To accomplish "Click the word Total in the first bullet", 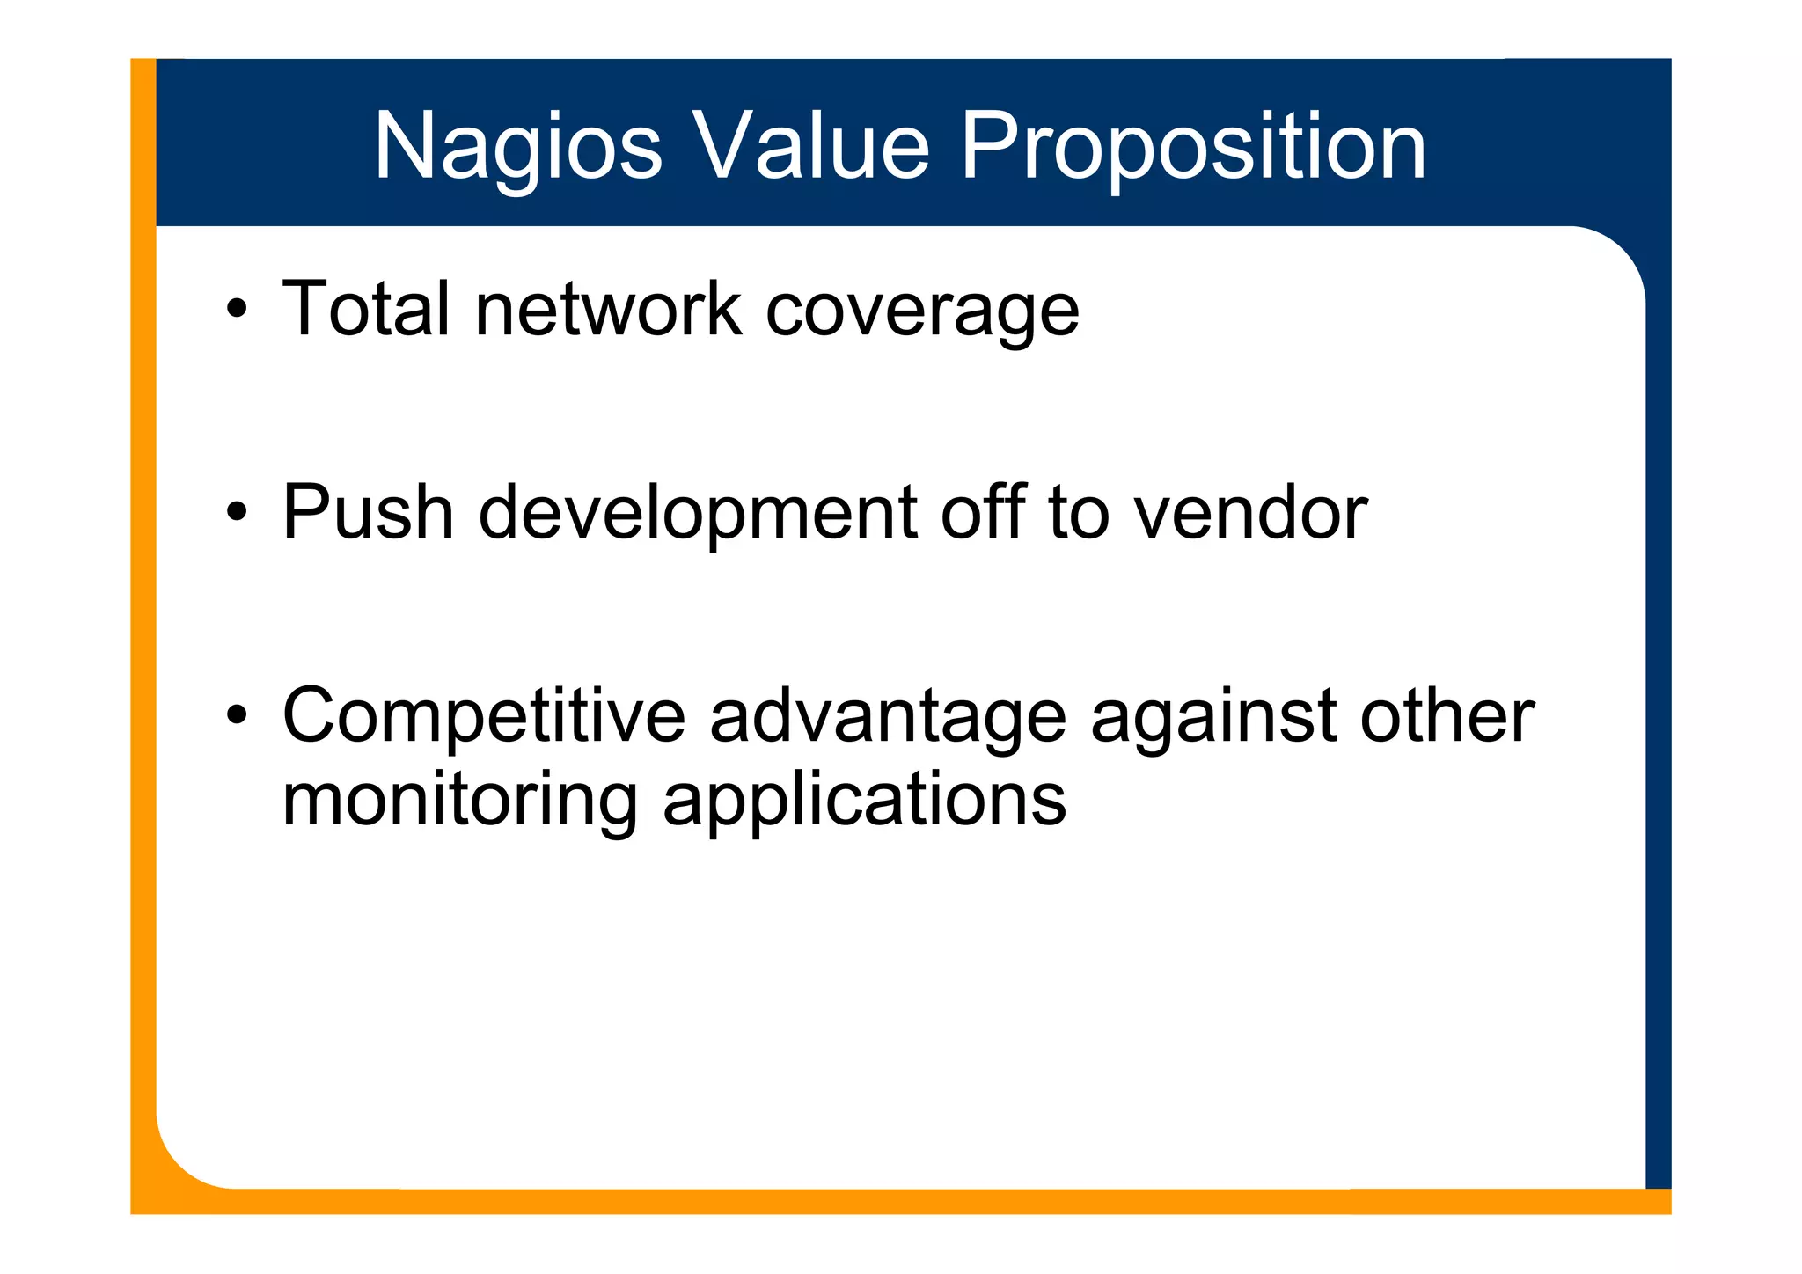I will pyautogui.click(x=366, y=309).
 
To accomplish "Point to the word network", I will pyautogui.click(x=608, y=309).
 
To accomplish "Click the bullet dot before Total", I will pyautogui.click(x=236, y=310).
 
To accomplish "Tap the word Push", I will pyautogui.click(x=368, y=512).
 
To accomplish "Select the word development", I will pyautogui.click(x=698, y=514).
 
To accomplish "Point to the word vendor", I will pyautogui.click(x=1250, y=512).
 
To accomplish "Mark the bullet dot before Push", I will pyautogui.click(x=236, y=513).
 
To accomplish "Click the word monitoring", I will pyautogui.click(x=460, y=801).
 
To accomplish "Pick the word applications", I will pyautogui.click(x=864, y=801).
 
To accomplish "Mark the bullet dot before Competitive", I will pyautogui.click(x=236, y=716).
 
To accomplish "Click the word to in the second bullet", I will pyautogui.click(x=1079, y=512).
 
